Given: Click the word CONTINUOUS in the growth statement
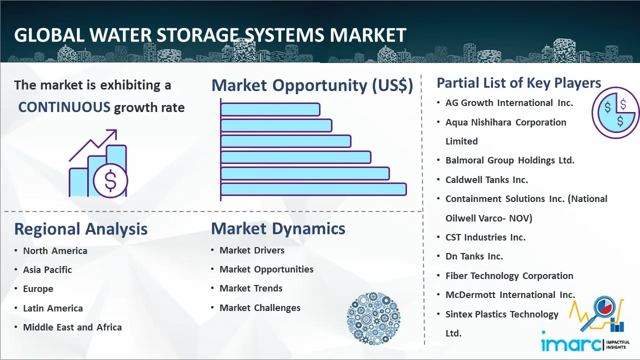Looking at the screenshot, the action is [64, 107].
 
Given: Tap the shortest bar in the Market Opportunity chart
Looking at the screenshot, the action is [270, 109].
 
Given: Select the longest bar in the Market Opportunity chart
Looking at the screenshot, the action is [313, 189].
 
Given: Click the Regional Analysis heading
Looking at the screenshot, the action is [81, 229].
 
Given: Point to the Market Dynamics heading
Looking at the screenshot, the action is [278, 228].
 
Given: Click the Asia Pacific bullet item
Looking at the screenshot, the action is [47, 269].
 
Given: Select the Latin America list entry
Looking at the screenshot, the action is [53, 308].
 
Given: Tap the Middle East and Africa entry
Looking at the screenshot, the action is [72, 327].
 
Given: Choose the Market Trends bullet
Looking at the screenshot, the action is [251, 288].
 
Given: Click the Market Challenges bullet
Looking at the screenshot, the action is [260, 307].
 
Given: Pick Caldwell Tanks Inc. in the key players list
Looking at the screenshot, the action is [486, 180].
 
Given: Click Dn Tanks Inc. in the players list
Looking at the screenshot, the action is [474, 256].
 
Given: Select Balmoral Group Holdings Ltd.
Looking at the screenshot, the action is [510, 160].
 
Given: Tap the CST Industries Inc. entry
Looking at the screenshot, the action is [485, 237].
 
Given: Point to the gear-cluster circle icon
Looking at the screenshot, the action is [373, 318].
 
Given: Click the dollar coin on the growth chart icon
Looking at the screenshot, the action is [110, 181].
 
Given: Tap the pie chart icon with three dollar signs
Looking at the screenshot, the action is [615, 113].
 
